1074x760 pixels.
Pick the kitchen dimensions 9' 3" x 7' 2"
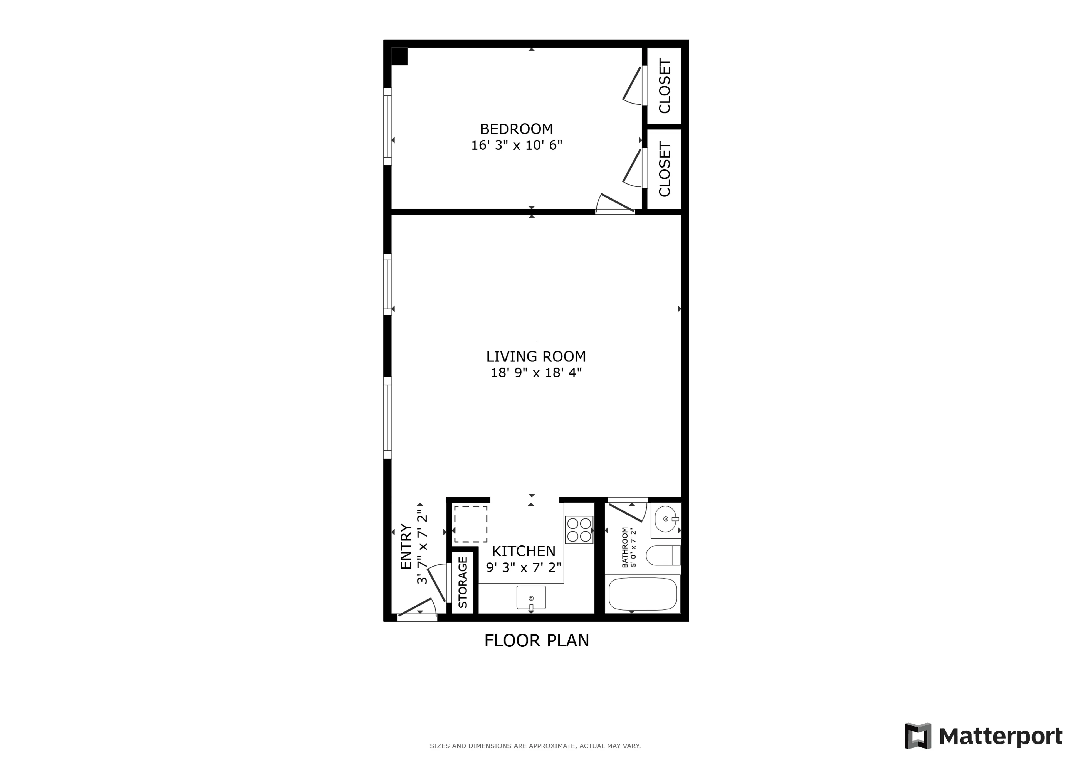[x=524, y=568]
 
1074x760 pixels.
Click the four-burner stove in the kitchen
[x=579, y=530]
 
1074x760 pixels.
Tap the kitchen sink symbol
[x=531, y=597]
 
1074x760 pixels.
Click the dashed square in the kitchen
[x=471, y=524]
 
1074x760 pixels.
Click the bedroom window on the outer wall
[x=387, y=127]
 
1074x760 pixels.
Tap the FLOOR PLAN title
[x=537, y=641]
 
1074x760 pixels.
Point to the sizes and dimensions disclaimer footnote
[x=535, y=746]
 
